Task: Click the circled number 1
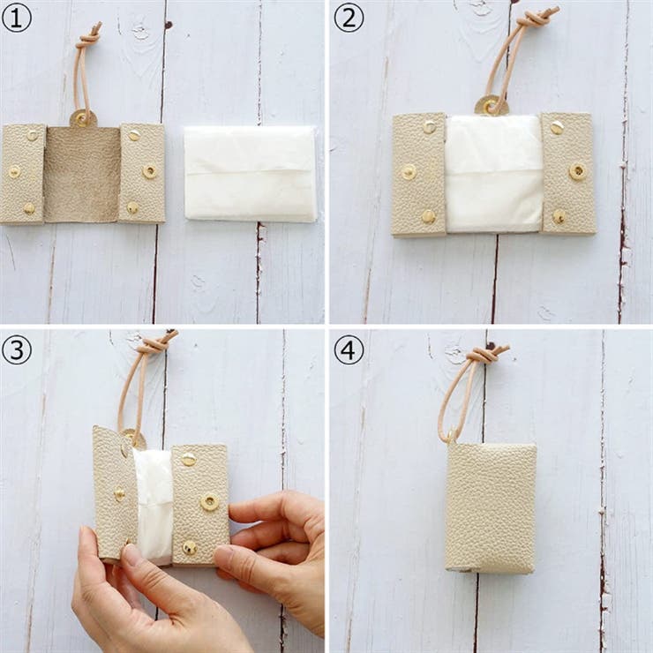tap(17, 19)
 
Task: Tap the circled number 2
tap(349, 18)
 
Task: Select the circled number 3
tap(17, 349)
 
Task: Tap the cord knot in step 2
tap(538, 19)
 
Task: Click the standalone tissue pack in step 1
tap(251, 174)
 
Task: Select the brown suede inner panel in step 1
tap(82, 175)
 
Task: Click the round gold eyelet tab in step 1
tap(83, 119)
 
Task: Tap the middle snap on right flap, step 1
tap(149, 170)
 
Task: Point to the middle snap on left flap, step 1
tap(15, 171)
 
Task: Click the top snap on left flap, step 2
tap(430, 126)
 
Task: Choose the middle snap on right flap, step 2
tap(578, 170)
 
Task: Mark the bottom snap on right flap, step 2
tap(559, 216)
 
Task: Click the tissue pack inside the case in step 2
tap(494, 173)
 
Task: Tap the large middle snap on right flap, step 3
tap(209, 502)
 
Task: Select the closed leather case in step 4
tap(491, 507)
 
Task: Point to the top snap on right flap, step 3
tap(189, 460)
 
